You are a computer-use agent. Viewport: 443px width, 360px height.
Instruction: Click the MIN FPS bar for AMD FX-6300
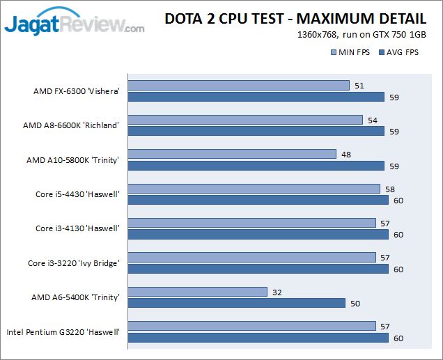tap(239, 86)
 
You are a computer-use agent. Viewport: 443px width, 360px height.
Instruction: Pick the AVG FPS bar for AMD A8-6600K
tap(256, 131)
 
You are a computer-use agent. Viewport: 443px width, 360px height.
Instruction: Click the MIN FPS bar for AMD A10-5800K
tap(233, 154)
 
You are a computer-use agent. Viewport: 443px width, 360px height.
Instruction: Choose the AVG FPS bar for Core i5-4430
tap(258, 200)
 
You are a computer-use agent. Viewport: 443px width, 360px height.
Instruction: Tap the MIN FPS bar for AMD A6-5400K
tap(198, 292)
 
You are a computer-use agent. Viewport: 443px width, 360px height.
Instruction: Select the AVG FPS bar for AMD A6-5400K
tap(237, 303)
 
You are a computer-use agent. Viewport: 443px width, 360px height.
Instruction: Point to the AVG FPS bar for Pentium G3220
tap(258, 338)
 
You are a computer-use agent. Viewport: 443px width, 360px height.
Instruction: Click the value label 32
tap(277, 292)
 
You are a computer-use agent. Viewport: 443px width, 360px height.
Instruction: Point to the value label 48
tap(346, 155)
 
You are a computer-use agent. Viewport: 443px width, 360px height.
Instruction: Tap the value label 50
tap(355, 304)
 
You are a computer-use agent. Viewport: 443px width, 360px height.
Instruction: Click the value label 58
tap(390, 189)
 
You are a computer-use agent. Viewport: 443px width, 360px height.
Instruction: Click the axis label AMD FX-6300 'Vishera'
tap(77, 91)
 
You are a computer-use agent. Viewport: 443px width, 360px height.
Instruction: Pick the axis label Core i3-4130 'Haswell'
tap(77, 228)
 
